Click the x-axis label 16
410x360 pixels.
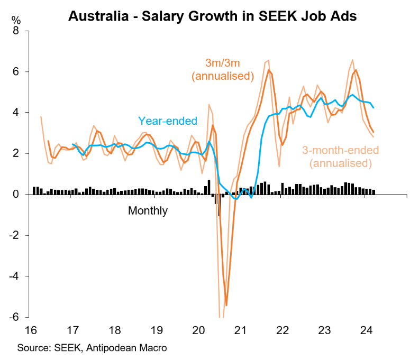point(31,331)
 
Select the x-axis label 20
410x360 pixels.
point(198,331)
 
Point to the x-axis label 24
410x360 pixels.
point(366,331)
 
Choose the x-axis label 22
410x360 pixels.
point(282,331)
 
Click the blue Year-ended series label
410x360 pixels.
point(168,121)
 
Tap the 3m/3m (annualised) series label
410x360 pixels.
point(223,69)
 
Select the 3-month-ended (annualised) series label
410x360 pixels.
point(340,157)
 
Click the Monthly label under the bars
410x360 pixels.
point(148,211)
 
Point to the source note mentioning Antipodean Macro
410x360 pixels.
point(92,348)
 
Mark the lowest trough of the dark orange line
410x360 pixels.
point(226,305)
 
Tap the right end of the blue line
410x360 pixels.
point(374,107)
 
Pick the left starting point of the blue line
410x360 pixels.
point(72,144)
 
